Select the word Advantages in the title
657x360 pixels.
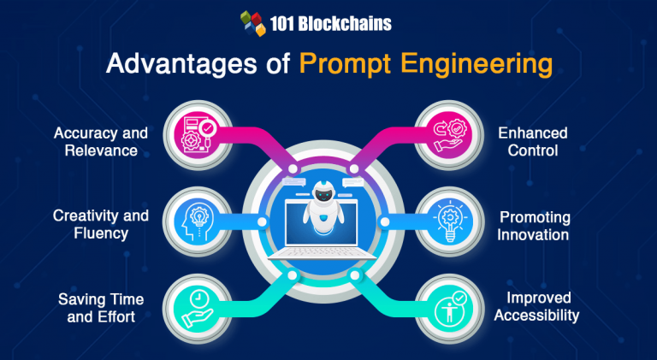pyautogui.click(x=169, y=66)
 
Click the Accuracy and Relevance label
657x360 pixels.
pyautogui.click(x=101, y=142)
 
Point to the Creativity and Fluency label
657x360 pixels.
pyautogui.click(x=101, y=223)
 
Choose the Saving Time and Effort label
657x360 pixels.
pyautogui.click(x=101, y=306)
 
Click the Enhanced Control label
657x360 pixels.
pyautogui.click(x=533, y=142)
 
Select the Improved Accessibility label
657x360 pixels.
pyautogui.click(x=538, y=306)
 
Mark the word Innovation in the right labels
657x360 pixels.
pyautogui.click(x=535, y=234)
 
